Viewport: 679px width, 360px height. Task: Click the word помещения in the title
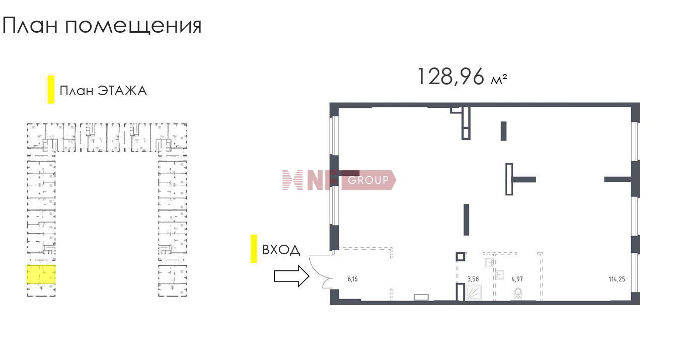click(x=133, y=26)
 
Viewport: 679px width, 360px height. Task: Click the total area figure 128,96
click(x=451, y=77)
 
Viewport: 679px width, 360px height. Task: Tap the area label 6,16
click(x=352, y=279)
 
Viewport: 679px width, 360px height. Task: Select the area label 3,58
click(x=473, y=279)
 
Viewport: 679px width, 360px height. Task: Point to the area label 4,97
click(x=517, y=279)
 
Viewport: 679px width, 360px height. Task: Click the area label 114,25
click(x=617, y=279)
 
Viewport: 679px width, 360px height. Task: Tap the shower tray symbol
click(x=473, y=293)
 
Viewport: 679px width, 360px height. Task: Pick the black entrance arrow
click(x=291, y=276)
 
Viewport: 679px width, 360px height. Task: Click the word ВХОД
click(x=281, y=250)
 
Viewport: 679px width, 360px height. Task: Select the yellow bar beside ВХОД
click(x=254, y=248)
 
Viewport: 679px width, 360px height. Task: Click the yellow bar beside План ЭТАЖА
click(x=51, y=90)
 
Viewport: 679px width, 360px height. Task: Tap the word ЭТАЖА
click(x=122, y=91)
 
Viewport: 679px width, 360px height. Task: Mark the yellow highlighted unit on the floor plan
click(x=41, y=274)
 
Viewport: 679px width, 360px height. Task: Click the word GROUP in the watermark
click(x=368, y=180)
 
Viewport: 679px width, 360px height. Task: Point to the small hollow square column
click(x=461, y=257)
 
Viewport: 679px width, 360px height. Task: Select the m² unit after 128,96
click(x=499, y=80)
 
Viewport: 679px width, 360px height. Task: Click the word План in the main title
click(x=30, y=25)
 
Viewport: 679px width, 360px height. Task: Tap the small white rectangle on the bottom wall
click(x=421, y=297)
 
